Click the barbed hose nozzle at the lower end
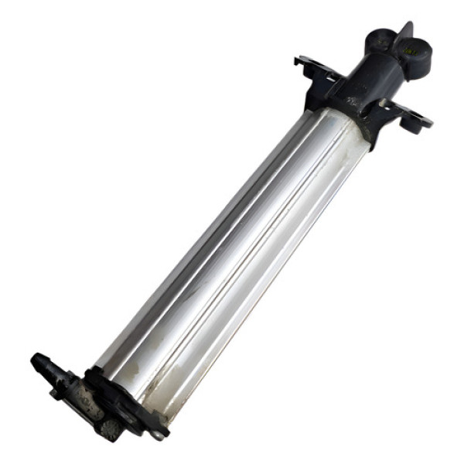pos(46,364)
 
